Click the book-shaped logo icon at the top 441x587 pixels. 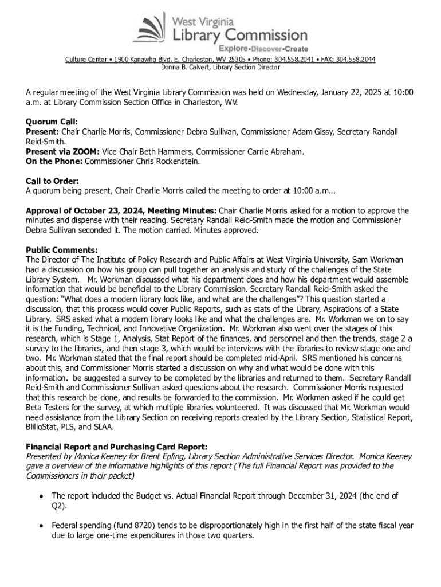click(x=150, y=27)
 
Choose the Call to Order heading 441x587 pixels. click(x=53, y=181)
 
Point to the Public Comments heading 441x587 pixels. click(x=62, y=250)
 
